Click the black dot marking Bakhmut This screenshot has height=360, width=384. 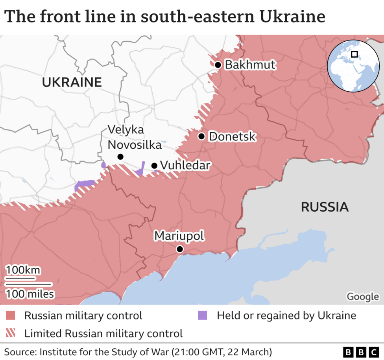click(218, 65)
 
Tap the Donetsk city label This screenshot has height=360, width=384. click(232, 137)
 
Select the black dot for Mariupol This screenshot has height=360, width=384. click(180, 249)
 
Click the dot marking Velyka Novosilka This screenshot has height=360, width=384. click(120, 157)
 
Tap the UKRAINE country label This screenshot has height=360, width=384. click(72, 82)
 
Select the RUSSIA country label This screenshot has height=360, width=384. click(325, 207)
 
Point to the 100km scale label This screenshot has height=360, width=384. click(23, 270)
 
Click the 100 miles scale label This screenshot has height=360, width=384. click(30, 294)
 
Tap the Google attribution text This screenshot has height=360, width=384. click(362, 296)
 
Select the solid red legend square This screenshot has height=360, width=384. click(11, 316)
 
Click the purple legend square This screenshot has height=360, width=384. click(202, 316)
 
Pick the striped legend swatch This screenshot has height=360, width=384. click(11, 334)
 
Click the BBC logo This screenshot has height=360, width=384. click(360, 351)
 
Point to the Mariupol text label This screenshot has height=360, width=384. click(179, 236)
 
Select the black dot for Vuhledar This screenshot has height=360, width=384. click(154, 166)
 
